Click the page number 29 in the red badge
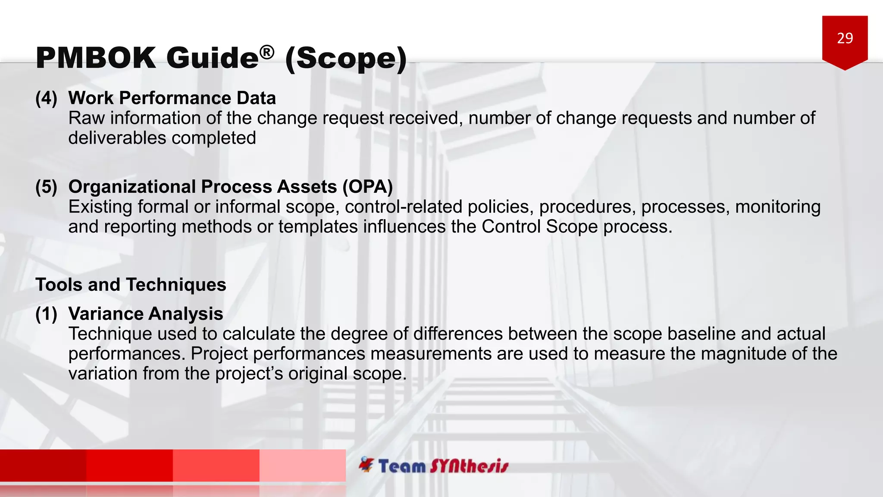845,38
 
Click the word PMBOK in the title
96,58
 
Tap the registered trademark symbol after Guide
267,52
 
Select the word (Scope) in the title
346,59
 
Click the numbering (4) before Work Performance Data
46,98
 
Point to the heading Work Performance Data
172,98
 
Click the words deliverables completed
162,138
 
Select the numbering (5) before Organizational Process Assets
46,187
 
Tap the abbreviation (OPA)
367,187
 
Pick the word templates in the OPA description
318,227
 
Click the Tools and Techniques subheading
131,285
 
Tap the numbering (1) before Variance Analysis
46,314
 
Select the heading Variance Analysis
146,314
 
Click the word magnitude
743,354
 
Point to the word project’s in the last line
249,374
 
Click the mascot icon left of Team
366,465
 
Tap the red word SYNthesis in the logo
469,466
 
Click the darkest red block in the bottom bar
43,465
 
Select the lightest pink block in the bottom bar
302,465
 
